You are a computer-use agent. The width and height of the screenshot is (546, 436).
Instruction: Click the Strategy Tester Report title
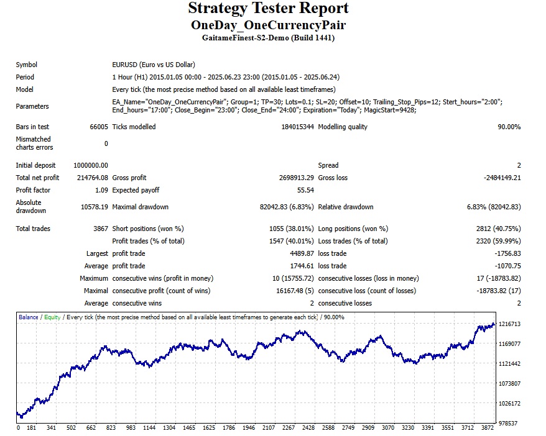[268, 9]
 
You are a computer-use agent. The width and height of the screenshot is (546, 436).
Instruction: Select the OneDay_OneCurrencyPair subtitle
[268, 25]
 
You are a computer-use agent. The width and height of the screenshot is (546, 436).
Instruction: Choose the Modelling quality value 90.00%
[507, 127]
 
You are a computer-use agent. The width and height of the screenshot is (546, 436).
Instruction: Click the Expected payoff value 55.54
[305, 190]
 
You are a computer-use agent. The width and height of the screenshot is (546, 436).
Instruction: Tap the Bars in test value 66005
[99, 127]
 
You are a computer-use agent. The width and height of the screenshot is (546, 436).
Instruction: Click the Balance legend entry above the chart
[28, 317]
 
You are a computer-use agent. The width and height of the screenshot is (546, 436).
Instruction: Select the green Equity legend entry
[52, 317]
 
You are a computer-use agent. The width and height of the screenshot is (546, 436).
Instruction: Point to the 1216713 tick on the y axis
[510, 324]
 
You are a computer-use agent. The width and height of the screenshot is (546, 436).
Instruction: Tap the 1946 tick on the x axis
[249, 428]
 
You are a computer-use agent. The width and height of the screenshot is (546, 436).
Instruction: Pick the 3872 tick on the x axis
[488, 428]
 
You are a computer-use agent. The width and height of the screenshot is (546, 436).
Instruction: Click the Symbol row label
[27, 65]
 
